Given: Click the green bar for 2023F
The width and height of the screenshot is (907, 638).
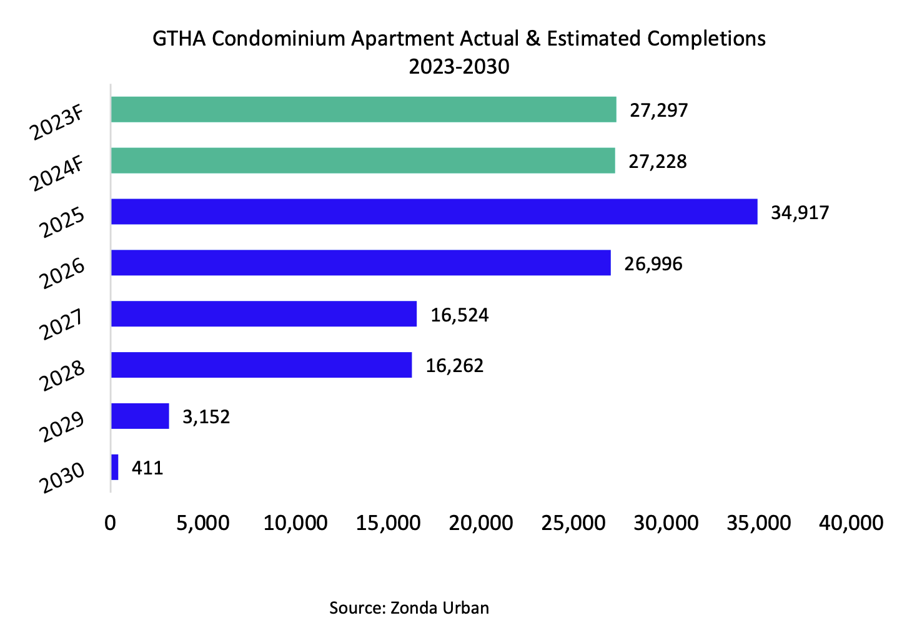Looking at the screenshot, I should (x=364, y=109).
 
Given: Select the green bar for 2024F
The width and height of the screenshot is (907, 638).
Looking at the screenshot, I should (x=363, y=160).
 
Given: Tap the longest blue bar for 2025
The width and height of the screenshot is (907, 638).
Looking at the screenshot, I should (x=434, y=212).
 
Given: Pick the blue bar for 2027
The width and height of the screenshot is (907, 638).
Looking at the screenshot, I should (x=264, y=313).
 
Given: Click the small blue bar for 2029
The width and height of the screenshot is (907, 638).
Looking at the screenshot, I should (x=140, y=416).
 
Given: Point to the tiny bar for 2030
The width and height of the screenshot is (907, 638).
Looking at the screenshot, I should (x=115, y=467).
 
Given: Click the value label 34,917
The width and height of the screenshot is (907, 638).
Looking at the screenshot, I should (x=800, y=212).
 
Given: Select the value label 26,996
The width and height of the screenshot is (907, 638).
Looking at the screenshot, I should (x=653, y=263).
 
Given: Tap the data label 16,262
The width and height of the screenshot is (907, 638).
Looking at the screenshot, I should (x=455, y=365).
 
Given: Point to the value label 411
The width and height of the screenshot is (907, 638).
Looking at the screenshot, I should (x=147, y=468).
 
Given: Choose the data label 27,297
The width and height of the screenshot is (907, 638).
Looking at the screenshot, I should (x=658, y=110).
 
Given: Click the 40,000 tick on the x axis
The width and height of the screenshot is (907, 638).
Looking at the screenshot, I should (x=851, y=523).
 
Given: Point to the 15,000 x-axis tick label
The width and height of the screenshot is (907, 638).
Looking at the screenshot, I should (x=388, y=523).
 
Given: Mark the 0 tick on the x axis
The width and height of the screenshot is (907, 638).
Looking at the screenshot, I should (x=111, y=523).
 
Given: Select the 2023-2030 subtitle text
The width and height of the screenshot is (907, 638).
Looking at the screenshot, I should (x=459, y=66).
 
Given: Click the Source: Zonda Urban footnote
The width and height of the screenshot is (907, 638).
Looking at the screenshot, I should (x=409, y=607).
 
